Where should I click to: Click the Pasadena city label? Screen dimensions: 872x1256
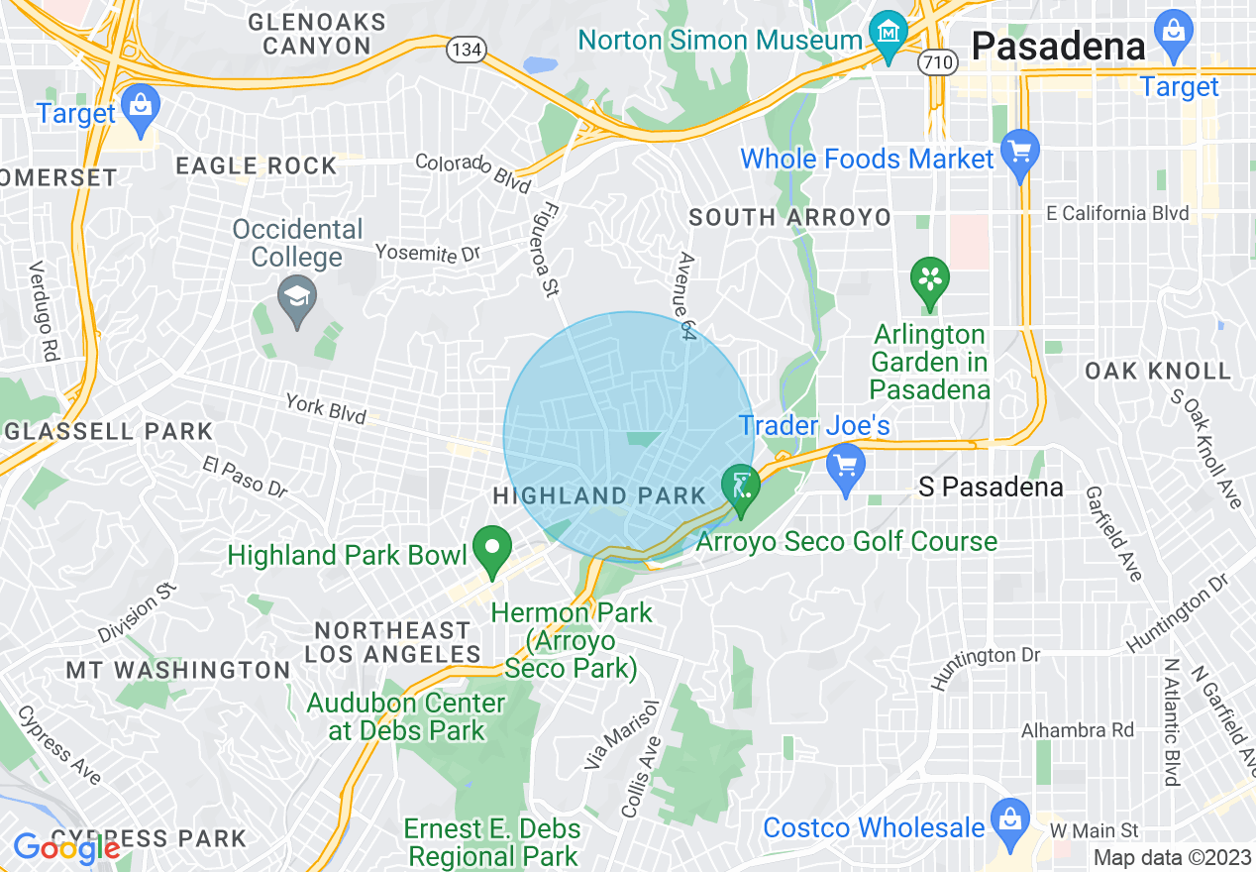[1058, 45]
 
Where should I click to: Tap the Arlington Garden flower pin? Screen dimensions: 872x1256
[929, 278]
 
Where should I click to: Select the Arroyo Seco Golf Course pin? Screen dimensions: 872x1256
[740, 487]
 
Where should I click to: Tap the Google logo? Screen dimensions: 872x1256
[66, 848]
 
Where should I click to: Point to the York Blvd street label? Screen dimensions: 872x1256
[326, 408]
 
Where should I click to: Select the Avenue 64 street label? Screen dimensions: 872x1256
[685, 296]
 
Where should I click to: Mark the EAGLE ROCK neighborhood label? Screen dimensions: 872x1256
[256, 166]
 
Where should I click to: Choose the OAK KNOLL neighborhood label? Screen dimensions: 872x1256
[1157, 372]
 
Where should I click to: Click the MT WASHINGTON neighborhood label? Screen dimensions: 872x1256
[178, 671]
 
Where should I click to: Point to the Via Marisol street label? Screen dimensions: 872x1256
[607, 735]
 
